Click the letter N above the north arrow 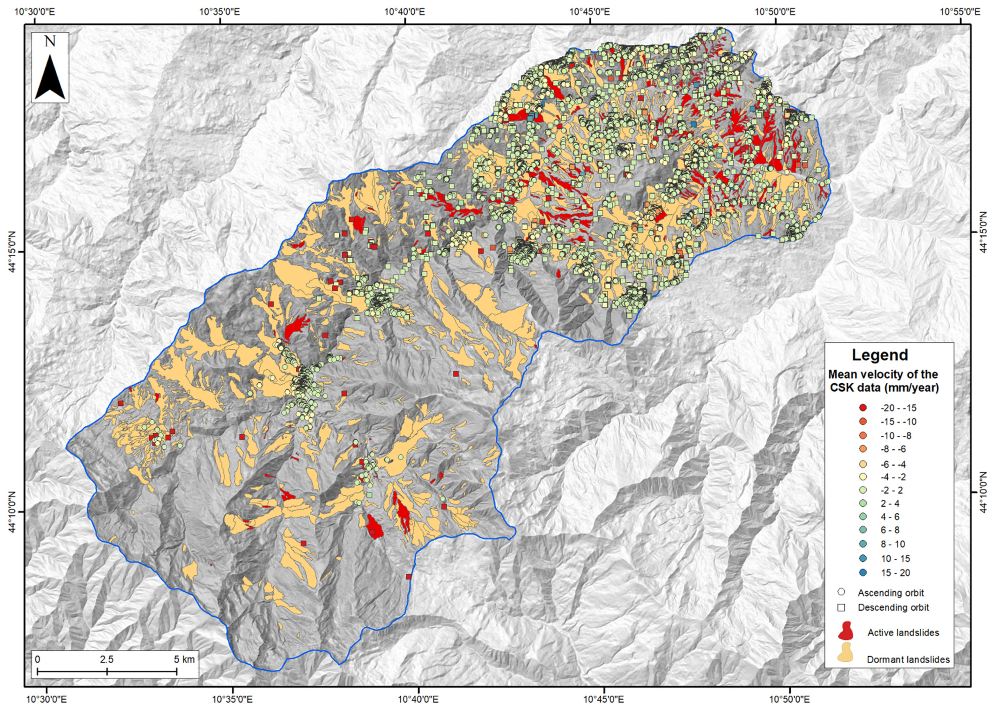(50, 42)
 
